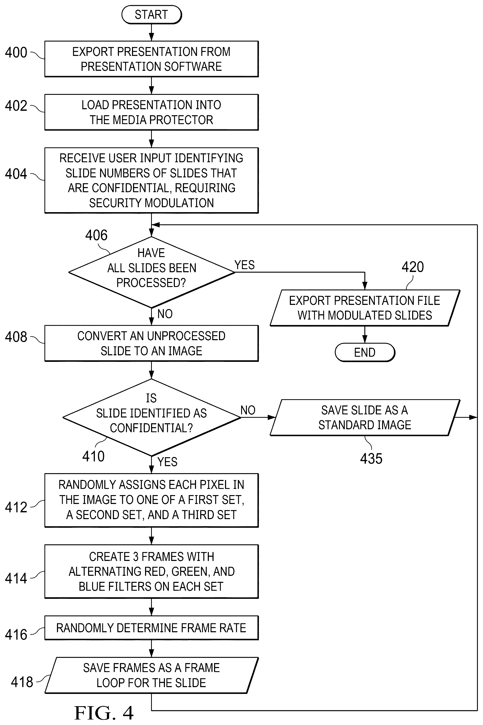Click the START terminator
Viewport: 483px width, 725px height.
coord(152,14)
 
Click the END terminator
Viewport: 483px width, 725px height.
coord(365,352)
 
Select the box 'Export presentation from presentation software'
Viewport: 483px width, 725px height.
coord(152,59)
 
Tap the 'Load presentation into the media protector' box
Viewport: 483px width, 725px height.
coord(152,112)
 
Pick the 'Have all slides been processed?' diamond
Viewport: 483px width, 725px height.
coord(152,272)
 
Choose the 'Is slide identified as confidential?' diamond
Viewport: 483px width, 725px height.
coord(152,417)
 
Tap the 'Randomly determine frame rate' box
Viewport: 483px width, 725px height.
coord(152,628)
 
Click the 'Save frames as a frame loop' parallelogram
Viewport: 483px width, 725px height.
coord(152,675)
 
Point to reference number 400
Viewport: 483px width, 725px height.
coord(16,53)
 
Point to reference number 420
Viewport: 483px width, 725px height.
coord(412,266)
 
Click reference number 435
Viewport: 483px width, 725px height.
coord(371,459)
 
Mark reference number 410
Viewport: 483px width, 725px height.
coord(93,456)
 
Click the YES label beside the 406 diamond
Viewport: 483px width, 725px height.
coord(245,265)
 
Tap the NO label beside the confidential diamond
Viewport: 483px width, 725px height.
coord(248,410)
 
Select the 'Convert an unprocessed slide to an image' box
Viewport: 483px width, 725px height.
coord(152,343)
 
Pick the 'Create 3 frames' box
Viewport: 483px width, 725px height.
coord(152,571)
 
